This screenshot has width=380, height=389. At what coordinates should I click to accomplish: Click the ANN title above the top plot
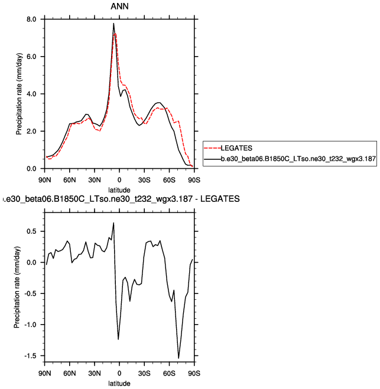click(x=119, y=6)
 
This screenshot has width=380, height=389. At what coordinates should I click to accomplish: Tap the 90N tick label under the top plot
click(x=44, y=177)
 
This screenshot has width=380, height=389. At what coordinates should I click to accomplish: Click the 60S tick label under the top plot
click(x=169, y=177)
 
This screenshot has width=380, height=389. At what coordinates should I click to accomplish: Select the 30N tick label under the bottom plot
click(x=94, y=374)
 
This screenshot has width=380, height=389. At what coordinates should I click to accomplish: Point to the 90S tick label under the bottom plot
click(x=194, y=374)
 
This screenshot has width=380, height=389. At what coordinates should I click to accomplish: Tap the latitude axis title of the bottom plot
click(x=119, y=384)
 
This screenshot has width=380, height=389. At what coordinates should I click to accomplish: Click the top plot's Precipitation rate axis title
click(x=18, y=94)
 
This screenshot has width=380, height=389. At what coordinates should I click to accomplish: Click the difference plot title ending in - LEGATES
click(x=121, y=200)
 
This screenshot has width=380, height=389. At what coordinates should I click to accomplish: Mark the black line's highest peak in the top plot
click(x=113, y=24)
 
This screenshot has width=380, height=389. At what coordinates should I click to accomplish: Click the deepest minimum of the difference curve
click(x=178, y=358)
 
